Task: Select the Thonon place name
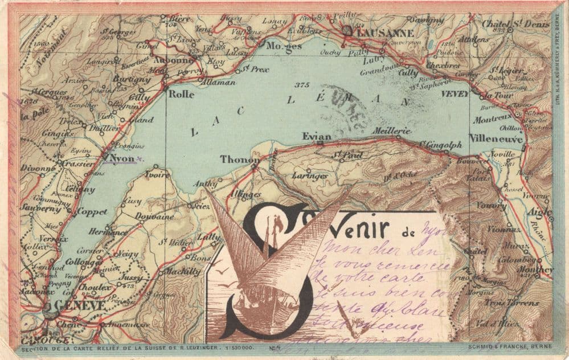[239, 159]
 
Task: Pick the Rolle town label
[181, 94]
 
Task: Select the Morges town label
[284, 46]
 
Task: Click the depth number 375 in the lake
[302, 85]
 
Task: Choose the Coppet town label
[92, 212]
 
